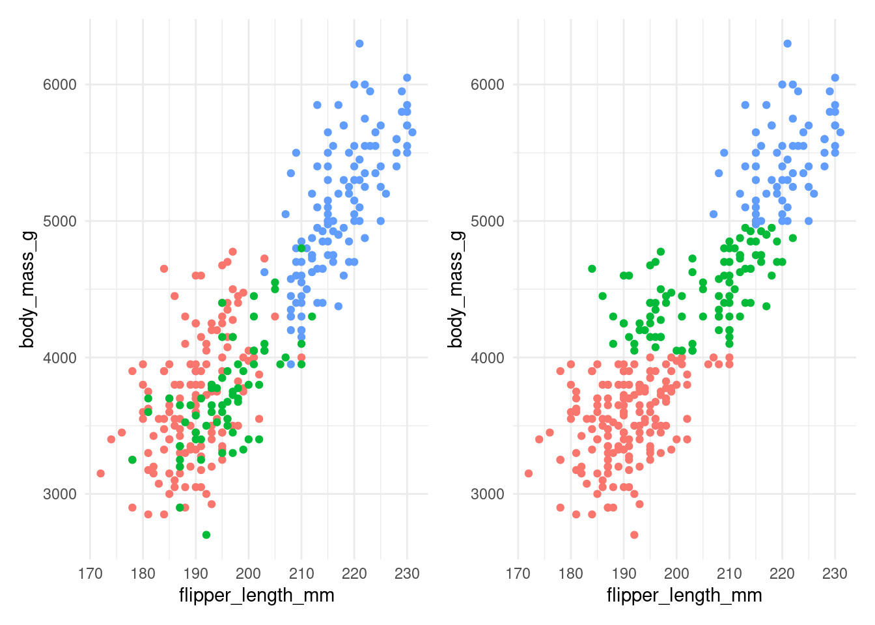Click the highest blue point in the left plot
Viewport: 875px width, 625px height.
[359, 44]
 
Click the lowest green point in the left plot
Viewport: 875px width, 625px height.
[206, 535]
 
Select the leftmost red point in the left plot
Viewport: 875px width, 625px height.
[100, 473]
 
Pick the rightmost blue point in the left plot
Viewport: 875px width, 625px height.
[412, 132]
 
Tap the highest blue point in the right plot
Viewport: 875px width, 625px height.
[787, 44]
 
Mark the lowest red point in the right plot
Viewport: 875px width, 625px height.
[634, 535]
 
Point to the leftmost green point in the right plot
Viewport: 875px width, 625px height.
[592, 269]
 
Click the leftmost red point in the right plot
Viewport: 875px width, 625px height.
[528, 473]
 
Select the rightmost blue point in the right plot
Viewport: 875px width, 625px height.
[840, 132]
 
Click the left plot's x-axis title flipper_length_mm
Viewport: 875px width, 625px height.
[257, 595]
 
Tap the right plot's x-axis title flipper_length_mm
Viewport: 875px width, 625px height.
[684, 595]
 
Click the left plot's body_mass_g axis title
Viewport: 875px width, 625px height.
[27, 290]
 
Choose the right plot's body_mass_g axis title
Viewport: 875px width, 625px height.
[455, 290]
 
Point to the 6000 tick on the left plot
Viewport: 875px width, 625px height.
[60, 85]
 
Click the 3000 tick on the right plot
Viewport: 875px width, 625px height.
[488, 494]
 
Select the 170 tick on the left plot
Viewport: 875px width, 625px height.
[90, 574]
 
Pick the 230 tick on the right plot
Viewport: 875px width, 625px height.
[835, 574]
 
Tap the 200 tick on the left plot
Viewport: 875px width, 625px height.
[248, 574]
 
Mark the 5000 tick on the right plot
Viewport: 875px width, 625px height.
[488, 221]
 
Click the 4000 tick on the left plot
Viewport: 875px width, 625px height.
[60, 357]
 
